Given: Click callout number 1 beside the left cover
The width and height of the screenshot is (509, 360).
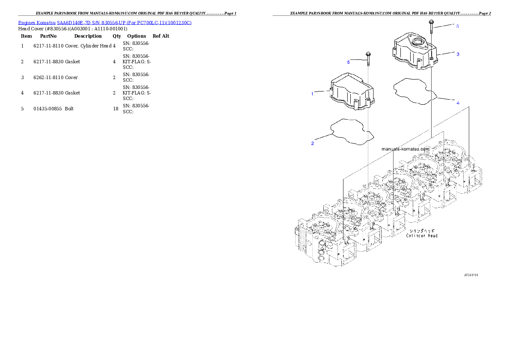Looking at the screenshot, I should click(x=312, y=93).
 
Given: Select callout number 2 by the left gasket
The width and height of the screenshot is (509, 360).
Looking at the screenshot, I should click(x=313, y=143).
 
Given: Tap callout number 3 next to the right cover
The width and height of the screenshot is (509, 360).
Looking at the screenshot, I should click(x=457, y=54).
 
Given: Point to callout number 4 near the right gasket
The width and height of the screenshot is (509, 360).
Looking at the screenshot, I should click(x=458, y=103).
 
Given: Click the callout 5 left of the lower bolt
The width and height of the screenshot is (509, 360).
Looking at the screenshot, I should click(x=348, y=62).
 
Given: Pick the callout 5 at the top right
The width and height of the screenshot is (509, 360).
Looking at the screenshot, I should click(x=457, y=26).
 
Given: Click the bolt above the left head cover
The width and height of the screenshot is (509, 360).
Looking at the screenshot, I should click(x=368, y=59).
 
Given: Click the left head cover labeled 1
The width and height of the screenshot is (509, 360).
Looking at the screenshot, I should click(x=350, y=94).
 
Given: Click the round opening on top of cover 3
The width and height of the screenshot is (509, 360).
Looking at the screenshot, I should click(x=417, y=43).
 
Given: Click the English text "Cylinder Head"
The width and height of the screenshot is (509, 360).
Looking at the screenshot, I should click(x=421, y=236).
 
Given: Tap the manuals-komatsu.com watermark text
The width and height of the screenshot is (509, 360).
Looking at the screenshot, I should click(x=405, y=149).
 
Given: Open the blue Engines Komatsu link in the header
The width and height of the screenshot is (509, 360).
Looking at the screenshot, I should click(x=105, y=22).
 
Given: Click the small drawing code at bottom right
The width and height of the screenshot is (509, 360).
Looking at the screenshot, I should click(x=471, y=275).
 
